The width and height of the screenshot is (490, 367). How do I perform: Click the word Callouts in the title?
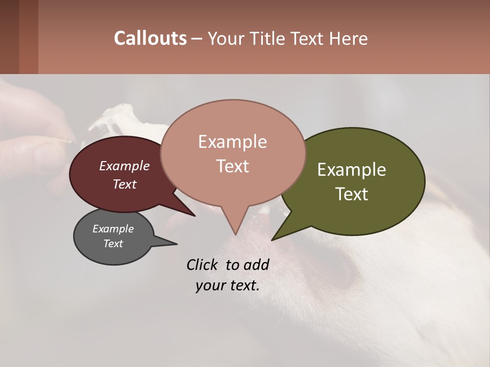150,38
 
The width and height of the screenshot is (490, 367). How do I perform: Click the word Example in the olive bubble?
352,170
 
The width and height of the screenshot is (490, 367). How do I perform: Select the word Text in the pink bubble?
233,166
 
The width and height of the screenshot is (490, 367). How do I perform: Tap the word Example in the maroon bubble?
125,166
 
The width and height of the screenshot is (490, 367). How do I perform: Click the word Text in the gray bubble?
113,244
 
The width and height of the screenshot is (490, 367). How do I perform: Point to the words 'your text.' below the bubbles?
228,285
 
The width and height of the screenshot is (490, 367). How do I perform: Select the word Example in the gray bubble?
113,229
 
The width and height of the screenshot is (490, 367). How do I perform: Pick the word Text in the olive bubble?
352,194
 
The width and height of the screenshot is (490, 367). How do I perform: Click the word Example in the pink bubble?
233,142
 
